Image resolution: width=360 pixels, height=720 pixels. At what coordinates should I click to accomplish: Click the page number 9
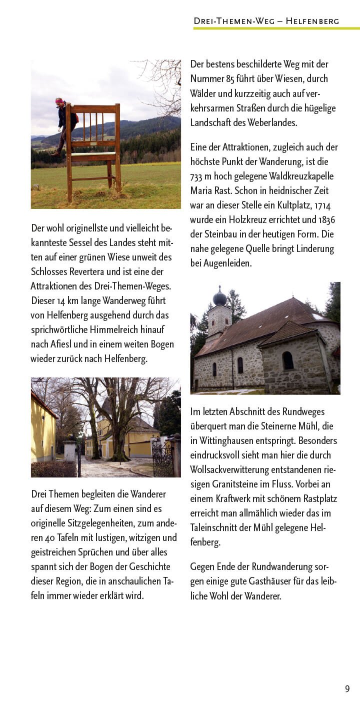click(347, 688)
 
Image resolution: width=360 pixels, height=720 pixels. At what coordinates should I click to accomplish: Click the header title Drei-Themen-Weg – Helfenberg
click(266, 21)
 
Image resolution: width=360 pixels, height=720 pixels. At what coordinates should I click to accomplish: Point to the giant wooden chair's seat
click(93, 155)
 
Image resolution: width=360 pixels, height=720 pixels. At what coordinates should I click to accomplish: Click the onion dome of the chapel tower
click(219, 298)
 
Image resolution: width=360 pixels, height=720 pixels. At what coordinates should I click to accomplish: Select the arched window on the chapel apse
click(287, 360)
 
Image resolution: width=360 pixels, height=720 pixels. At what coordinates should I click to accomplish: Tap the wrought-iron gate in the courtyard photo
click(162, 457)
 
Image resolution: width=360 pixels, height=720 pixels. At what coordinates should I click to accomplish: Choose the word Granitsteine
click(222, 484)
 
